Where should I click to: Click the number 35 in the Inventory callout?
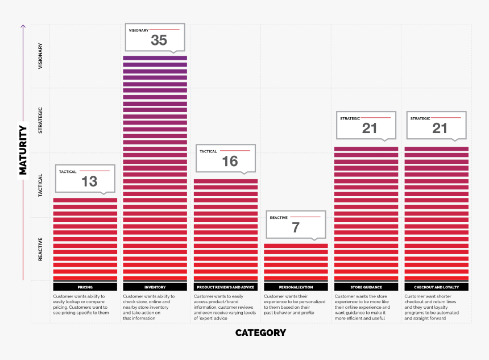point(159,40)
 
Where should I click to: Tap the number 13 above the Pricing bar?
point(89,181)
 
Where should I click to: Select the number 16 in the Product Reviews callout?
point(230,161)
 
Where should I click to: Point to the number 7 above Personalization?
point(296,227)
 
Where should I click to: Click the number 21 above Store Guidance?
point(370,128)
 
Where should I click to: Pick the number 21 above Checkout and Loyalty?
point(440,128)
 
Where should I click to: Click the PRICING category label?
point(85,287)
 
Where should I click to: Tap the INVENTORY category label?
point(155,287)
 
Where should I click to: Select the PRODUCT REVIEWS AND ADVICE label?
point(226,287)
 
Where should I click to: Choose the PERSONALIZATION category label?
point(296,287)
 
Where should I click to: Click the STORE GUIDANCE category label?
point(366,287)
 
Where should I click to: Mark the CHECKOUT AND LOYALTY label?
point(437,287)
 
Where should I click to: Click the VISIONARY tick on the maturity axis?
point(40,57)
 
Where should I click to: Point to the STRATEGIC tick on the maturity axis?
point(40,120)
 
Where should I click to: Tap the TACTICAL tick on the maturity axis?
point(40,185)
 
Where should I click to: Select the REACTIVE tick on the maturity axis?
point(40,249)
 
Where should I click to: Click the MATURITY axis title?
point(23,150)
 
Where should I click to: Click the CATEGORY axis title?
point(260,333)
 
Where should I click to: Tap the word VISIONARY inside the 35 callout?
point(139,30)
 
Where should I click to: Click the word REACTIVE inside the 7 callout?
point(279,217)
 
